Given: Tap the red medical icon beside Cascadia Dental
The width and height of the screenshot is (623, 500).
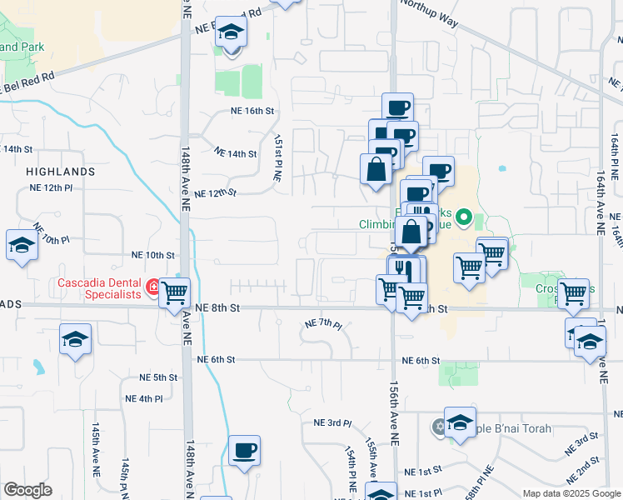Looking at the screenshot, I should click(x=153, y=287).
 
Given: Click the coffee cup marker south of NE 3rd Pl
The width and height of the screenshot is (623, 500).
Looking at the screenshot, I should click(x=244, y=451).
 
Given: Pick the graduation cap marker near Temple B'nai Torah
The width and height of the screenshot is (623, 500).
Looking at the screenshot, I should click(x=460, y=422).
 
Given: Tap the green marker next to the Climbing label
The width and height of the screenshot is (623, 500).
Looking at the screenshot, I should click(x=466, y=220).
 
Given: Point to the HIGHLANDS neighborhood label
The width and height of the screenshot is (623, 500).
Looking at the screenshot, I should click(x=61, y=171).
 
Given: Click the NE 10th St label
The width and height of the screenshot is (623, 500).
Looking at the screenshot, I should click(x=153, y=255).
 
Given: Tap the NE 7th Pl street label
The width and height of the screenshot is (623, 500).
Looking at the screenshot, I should click(x=324, y=323).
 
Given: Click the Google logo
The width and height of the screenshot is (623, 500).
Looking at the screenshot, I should click(x=27, y=490).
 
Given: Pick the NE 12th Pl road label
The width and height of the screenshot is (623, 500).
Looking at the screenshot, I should click(x=65, y=188).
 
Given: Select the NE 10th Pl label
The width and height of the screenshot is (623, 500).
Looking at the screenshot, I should click(x=51, y=233).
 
